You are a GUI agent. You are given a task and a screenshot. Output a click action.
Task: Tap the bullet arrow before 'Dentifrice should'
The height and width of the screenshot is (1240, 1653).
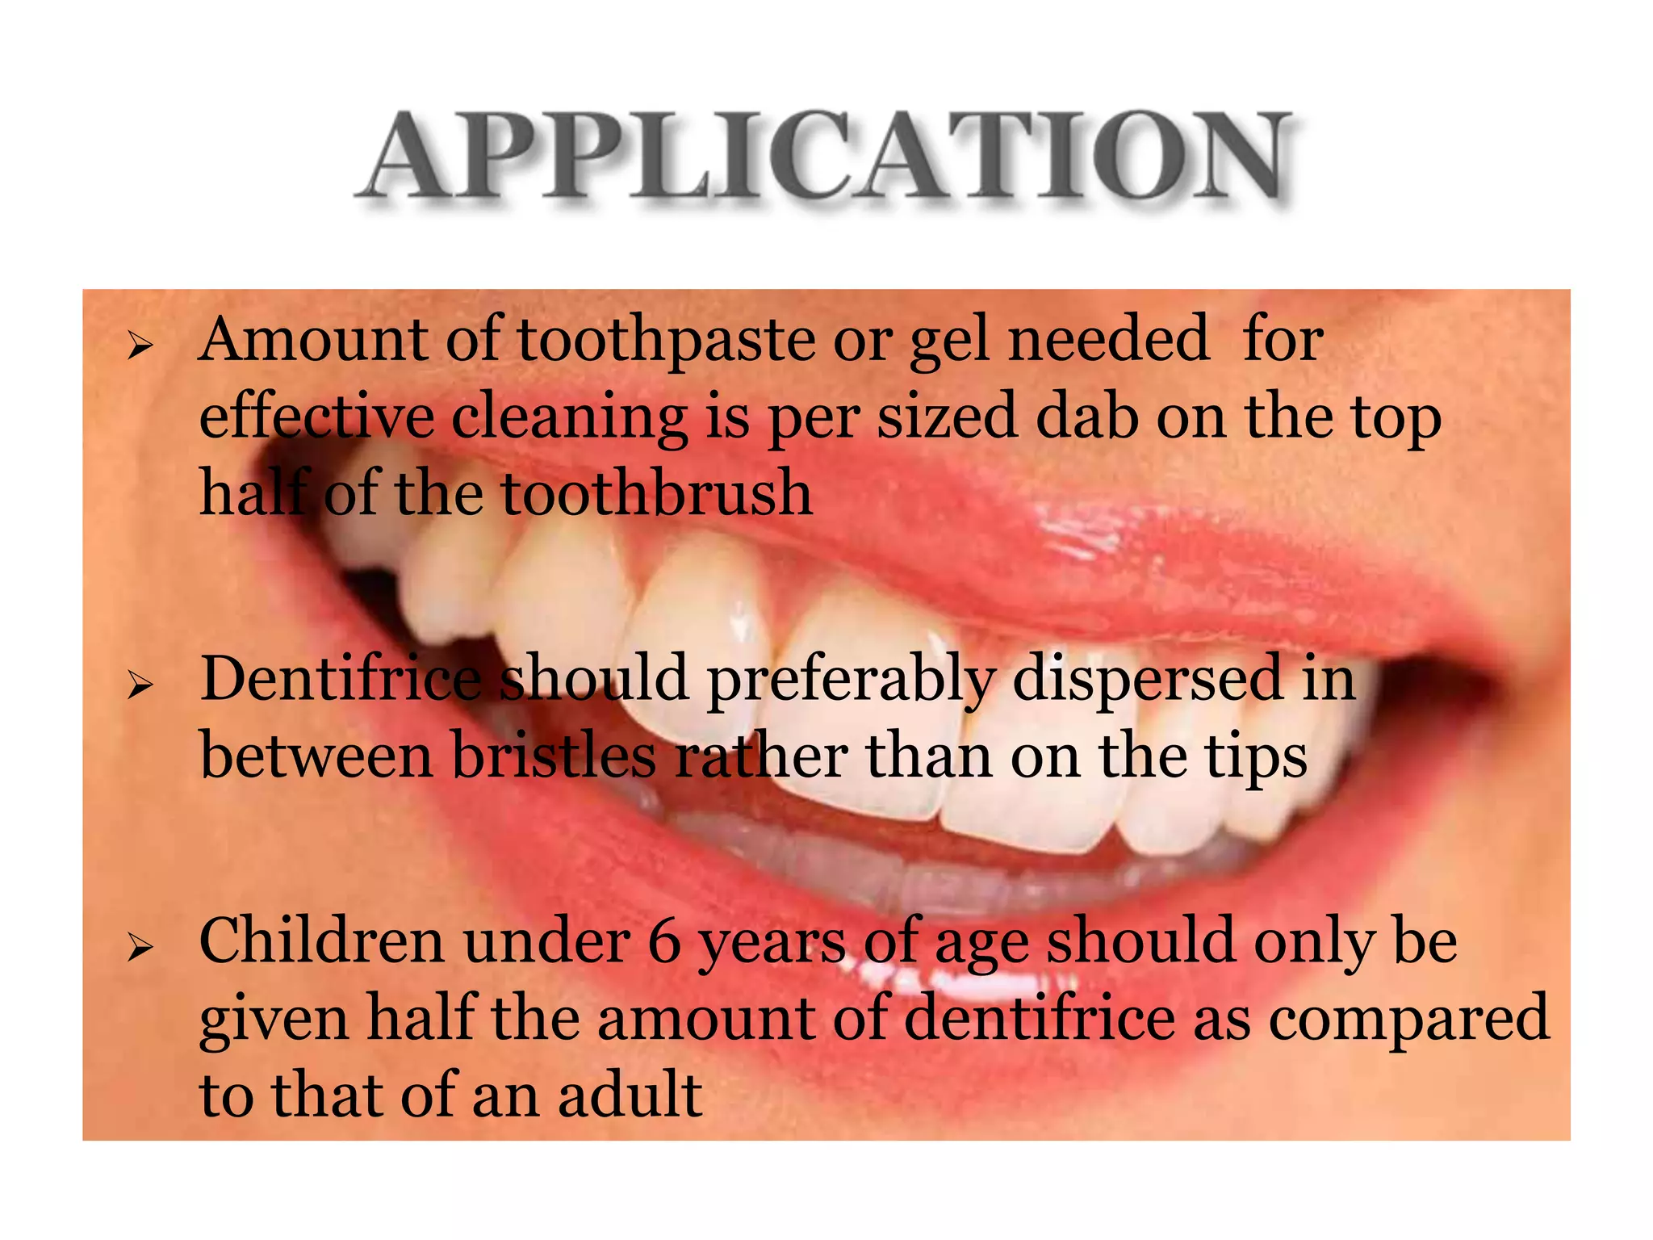click(140, 687)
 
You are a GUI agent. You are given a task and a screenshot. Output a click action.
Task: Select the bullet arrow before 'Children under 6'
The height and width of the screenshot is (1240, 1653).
click(140, 949)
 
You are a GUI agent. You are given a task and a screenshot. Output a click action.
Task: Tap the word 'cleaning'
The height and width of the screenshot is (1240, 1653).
click(569, 420)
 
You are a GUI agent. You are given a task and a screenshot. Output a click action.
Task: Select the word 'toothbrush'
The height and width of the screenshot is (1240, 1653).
click(657, 494)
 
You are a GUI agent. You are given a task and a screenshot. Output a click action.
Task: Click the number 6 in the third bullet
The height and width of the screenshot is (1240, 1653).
click(665, 943)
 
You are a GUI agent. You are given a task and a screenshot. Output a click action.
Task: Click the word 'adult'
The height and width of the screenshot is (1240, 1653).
click(630, 1096)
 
